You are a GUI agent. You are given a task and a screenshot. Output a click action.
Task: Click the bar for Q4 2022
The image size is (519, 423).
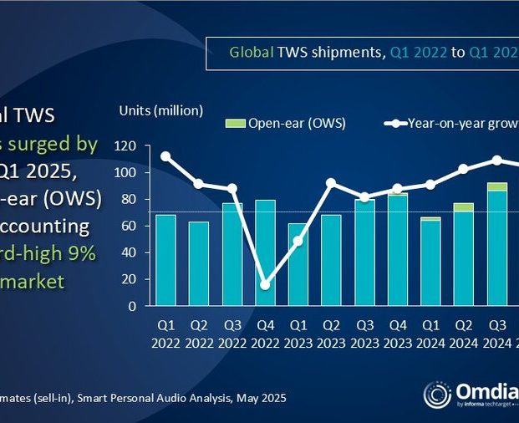pos(264,252)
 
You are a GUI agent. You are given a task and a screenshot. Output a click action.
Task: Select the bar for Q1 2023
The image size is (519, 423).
pos(297,264)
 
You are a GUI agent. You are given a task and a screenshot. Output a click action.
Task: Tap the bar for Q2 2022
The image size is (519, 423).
pos(199,263)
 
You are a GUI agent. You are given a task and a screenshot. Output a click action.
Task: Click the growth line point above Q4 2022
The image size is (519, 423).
pos(265,285)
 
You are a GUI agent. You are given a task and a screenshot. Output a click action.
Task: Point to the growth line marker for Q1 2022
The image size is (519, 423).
pos(165,156)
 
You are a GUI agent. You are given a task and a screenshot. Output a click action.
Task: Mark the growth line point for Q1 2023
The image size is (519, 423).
pos(298,242)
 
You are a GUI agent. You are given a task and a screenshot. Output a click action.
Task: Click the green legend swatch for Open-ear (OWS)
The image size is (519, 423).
pos(236,124)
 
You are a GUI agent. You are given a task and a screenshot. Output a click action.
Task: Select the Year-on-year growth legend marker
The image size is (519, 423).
pos(394,124)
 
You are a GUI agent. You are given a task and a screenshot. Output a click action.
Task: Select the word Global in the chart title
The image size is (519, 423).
pos(251,53)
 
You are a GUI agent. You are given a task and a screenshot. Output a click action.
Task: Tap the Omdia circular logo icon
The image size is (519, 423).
pos(437,395)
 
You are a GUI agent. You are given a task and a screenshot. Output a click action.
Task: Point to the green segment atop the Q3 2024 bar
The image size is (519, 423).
pos(496,186)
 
